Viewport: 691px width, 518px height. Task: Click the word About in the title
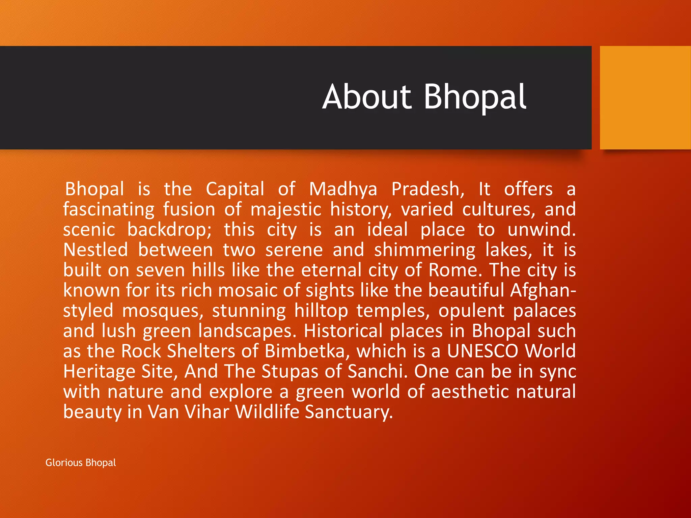367,97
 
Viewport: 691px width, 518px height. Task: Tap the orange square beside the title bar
645,98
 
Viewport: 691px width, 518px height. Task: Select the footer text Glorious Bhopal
81,462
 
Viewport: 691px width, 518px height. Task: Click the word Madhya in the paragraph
343,190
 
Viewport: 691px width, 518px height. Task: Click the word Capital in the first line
235,189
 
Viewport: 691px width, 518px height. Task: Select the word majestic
286,210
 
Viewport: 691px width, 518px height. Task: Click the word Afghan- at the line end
543,290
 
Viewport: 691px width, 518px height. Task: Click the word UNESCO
482,351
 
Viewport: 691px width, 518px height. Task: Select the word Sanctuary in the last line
349,412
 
